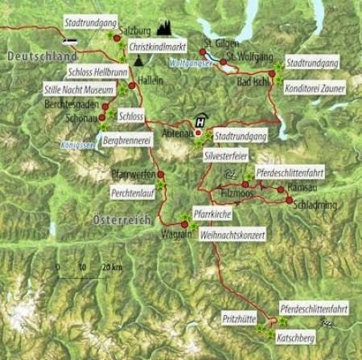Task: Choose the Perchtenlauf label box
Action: point(131,194)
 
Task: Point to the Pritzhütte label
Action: point(238,320)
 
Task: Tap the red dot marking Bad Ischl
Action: point(272,74)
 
